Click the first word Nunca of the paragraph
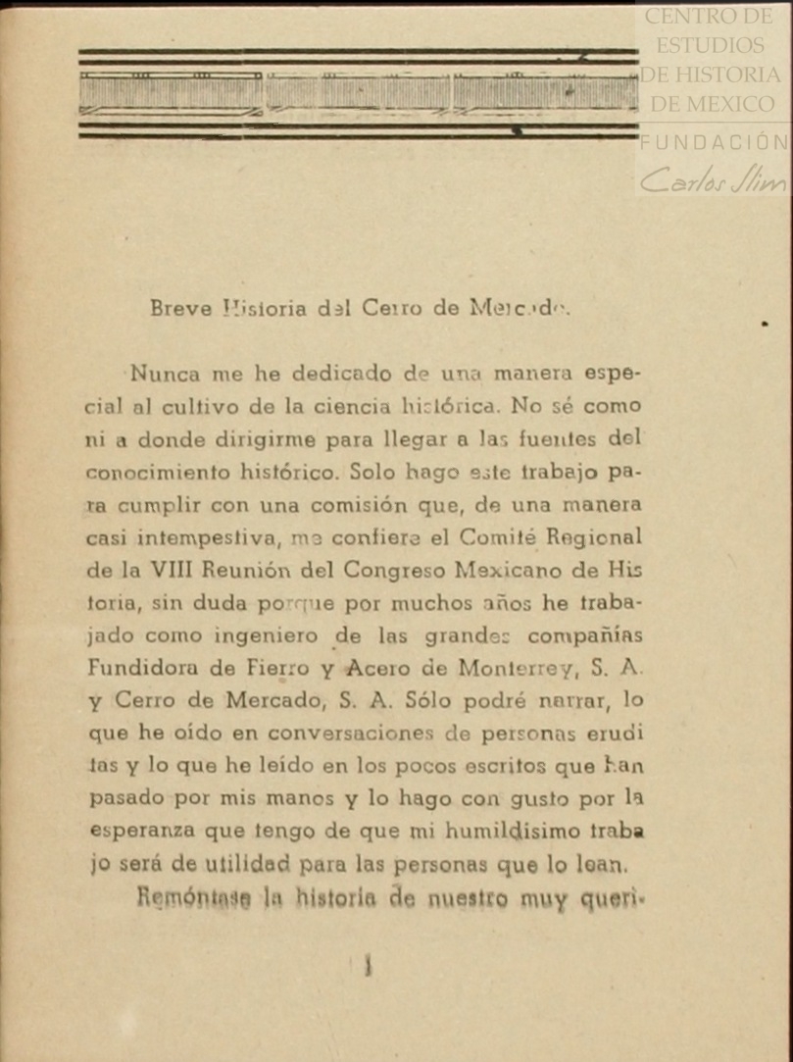pyautogui.click(x=165, y=374)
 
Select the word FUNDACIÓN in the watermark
pyautogui.click(x=715, y=142)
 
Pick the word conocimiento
pyautogui.click(x=159, y=472)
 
